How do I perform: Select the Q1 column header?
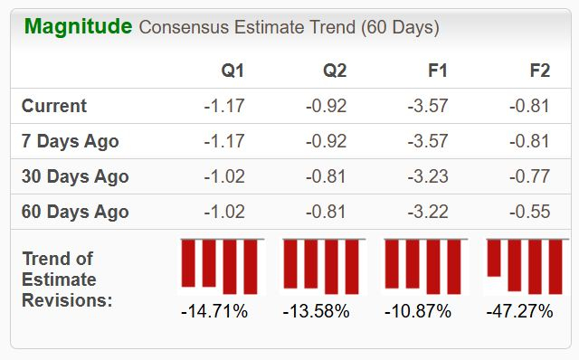pos(233,71)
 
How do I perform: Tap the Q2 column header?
pos(335,71)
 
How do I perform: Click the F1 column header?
pos(438,71)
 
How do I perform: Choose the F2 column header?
pos(540,71)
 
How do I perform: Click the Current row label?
pos(54,106)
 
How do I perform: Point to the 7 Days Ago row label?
pos(71,141)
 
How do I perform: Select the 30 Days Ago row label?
pos(75,176)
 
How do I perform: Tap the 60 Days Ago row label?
pos(75,212)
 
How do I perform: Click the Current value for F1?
pos(428,106)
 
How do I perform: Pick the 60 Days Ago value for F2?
pos(530,212)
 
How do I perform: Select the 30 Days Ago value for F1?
pos(428,176)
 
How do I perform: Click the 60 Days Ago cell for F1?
pos(428,212)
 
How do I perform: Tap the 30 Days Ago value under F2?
pos(530,176)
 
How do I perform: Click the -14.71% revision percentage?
pos(214,311)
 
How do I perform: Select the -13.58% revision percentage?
pos(316,311)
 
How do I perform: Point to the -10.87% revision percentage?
pos(418,311)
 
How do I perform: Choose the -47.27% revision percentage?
pos(520,311)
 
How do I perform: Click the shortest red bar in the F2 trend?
pos(494,258)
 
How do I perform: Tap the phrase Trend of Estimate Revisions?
pos(67,279)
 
